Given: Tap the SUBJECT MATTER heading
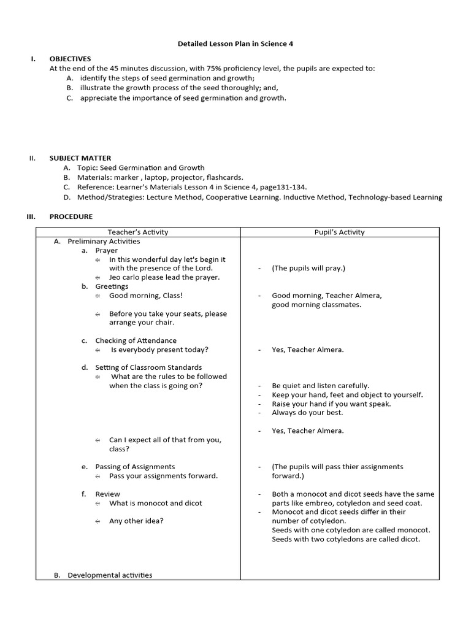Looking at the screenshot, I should pos(80,158).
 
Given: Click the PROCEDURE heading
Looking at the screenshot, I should pos(71,216).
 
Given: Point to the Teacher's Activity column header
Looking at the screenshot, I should pos(138,232).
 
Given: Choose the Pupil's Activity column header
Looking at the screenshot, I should pos(339,232).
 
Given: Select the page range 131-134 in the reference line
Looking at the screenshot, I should pos(291,187).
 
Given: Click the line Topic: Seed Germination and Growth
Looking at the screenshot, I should pos(141,167).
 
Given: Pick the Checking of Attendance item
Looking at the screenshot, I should pos(136,340).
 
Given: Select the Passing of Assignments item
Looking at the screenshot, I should pos(135,467).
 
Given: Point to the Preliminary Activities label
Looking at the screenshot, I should pos(104,241).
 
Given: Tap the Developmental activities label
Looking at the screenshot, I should pos(110,575).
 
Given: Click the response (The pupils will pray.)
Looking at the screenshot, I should pos(308,268).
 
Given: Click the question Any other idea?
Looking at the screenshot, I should pos(136,521).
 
